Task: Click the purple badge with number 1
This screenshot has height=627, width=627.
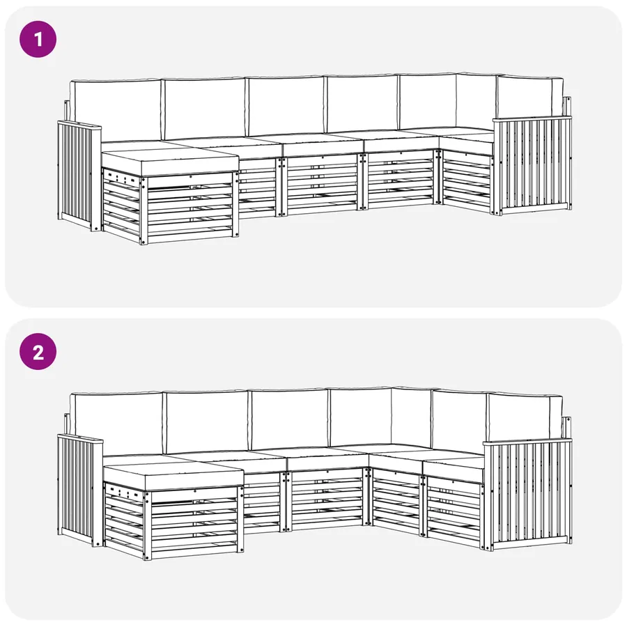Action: point(38,39)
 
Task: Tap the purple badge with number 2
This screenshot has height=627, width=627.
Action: point(38,352)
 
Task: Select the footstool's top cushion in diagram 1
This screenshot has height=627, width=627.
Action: point(170,161)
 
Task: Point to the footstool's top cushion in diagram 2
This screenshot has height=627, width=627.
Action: point(173,475)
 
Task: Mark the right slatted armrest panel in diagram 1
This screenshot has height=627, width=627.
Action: point(532,165)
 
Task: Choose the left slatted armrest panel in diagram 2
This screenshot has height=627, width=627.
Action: point(79,490)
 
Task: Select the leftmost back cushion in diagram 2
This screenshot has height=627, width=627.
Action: point(117,424)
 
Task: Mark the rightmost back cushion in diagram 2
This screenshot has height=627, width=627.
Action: point(524,417)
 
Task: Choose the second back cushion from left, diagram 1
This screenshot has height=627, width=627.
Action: point(205,108)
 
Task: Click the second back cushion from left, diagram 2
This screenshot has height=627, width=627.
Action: point(206,421)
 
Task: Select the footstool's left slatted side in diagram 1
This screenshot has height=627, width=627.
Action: point(123,205)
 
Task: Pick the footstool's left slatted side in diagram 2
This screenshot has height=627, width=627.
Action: point(125,519)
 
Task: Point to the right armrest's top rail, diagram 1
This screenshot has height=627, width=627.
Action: point(532,118)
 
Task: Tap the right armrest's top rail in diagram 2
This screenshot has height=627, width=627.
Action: point(527,442)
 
